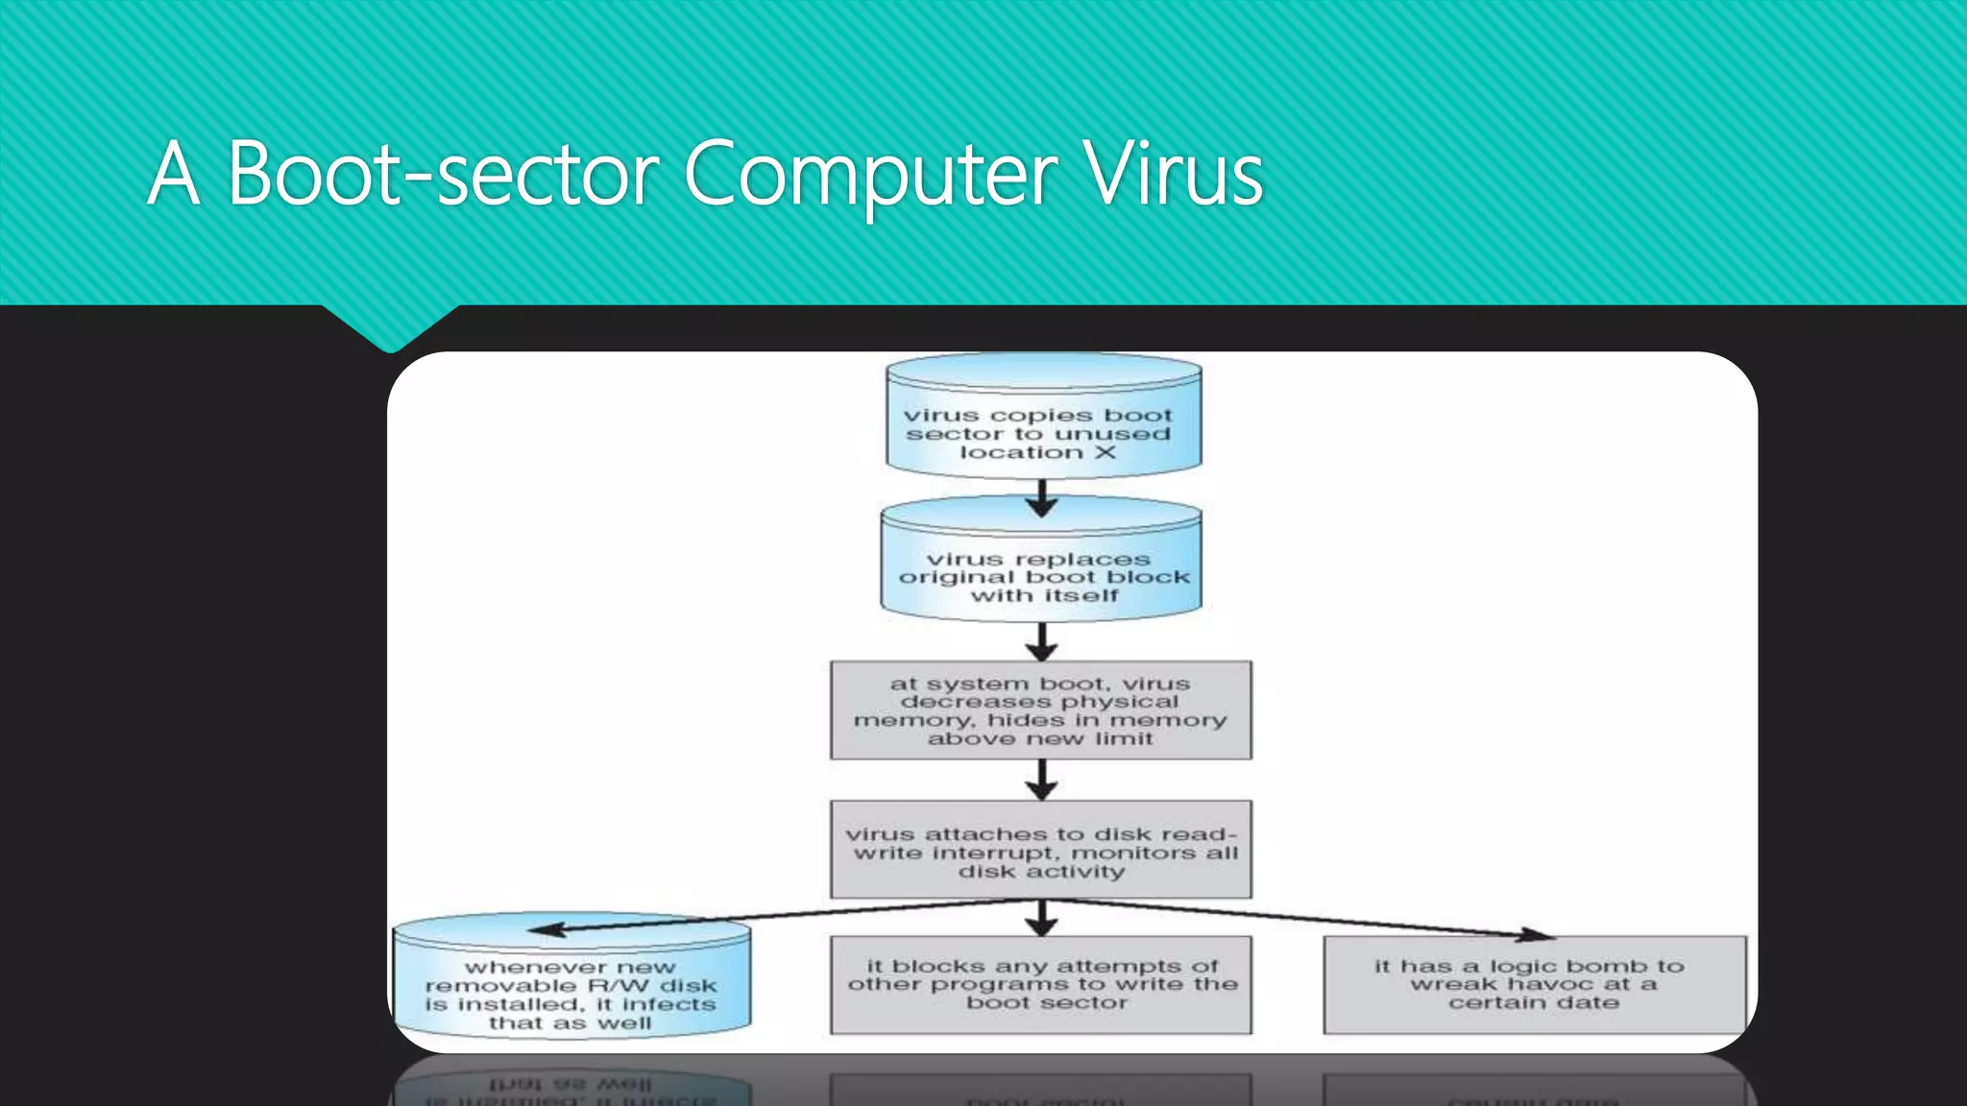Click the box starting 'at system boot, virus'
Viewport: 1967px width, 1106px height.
click(x=1040, y=710)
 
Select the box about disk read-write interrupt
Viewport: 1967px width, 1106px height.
click(x=1040, y=851)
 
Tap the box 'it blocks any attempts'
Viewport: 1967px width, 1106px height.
click(x=1040, y=985)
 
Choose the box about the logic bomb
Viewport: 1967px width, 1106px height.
click(x=1534, y=985)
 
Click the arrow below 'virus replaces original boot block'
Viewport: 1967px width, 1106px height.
click(x=1042, y=641)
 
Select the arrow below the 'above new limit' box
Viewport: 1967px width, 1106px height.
click(x=1042, y=780)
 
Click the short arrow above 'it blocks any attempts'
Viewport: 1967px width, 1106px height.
click(x=1042, y=918)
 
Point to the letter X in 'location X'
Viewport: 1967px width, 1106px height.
click(x=1105, y=452)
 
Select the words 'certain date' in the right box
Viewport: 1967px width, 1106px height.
click(x=1534, y=1003)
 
